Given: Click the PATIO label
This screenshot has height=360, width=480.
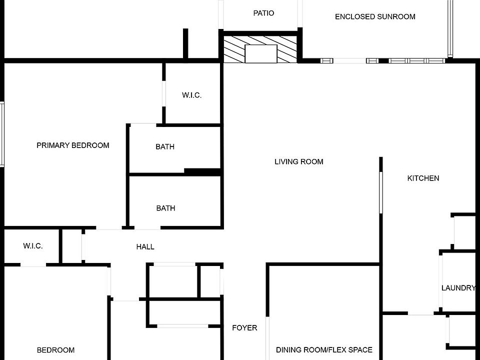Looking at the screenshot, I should click(x=263, y=13).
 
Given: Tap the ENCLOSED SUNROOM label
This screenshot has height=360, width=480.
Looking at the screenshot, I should click(x=375, y=16).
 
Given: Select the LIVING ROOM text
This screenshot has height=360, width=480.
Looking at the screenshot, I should click(x=299, y=161).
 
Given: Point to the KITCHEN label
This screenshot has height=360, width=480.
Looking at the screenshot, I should click(x=423, y=178).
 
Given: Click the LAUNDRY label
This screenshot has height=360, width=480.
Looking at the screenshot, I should click(x=458, y=288).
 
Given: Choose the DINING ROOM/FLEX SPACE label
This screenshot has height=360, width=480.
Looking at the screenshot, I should click(x=324, y=350).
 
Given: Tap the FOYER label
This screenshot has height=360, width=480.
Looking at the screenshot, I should click(x=245, y=328).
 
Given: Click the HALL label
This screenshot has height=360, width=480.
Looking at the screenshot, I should click(x=145, y=246).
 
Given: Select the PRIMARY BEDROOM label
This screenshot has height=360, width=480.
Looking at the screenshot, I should click(x=73, y=145).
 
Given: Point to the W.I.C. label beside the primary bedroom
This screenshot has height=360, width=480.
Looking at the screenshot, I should click(x=192, y=95).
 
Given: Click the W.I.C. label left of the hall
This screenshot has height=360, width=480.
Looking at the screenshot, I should click(x=33, y=246).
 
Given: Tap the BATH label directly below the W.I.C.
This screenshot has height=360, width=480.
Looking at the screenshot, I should click(x=165, y=147).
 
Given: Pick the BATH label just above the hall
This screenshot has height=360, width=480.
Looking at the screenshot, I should click(x=165, y=208).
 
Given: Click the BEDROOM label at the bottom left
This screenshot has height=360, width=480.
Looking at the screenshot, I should click(x=56, y=350).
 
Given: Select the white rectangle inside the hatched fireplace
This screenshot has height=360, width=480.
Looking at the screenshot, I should click(x=260, y=53).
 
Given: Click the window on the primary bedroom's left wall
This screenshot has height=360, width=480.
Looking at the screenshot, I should click(x=2, y=134).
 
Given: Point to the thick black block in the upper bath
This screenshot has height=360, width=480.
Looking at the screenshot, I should click(x=202, y=171).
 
